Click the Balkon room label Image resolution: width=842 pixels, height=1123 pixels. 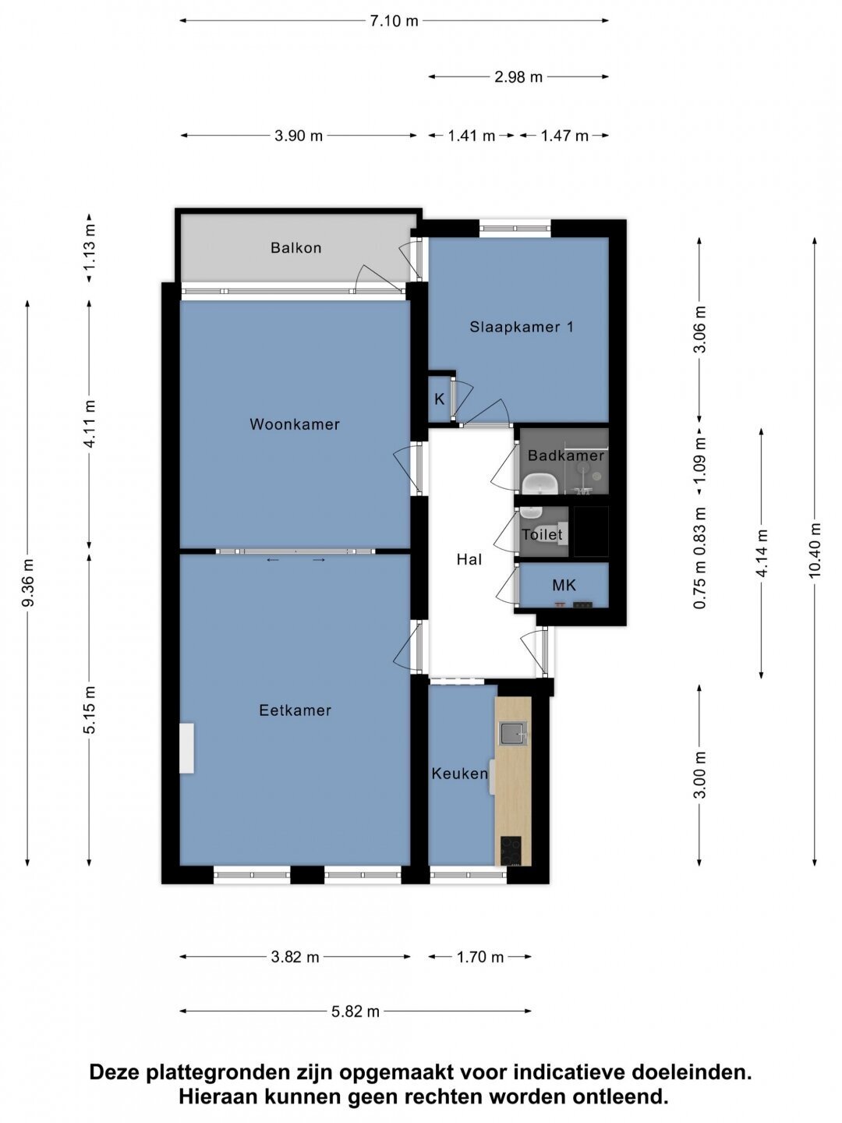tap(296, 248)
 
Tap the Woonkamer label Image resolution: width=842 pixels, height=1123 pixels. tap(295, 424)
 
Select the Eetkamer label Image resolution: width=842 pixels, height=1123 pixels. tap(295, 710)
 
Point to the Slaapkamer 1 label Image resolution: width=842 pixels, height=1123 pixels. tap(522, 327)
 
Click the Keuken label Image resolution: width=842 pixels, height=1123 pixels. tap(460, 774)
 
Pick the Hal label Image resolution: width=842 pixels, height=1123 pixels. tap(469, 560)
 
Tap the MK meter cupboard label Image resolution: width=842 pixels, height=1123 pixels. tap(564, 586)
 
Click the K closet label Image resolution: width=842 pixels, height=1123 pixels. tap(440, 399)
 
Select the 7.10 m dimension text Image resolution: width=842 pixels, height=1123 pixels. tap(394, 21)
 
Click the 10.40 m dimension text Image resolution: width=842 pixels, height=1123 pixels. tap(814, 550)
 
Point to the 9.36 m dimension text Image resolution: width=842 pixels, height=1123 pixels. tap(28, 583)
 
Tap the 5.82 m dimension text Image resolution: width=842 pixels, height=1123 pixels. tap(356, 1011)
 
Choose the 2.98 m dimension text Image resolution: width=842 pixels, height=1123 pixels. tap(518, 77)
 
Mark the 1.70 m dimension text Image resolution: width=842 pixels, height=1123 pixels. tap(480, 957)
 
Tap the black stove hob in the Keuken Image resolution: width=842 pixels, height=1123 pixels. tap(511, 851)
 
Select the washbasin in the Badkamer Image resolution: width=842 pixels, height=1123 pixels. tap(540, 484)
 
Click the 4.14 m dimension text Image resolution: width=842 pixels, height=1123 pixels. tap(762, 553)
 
